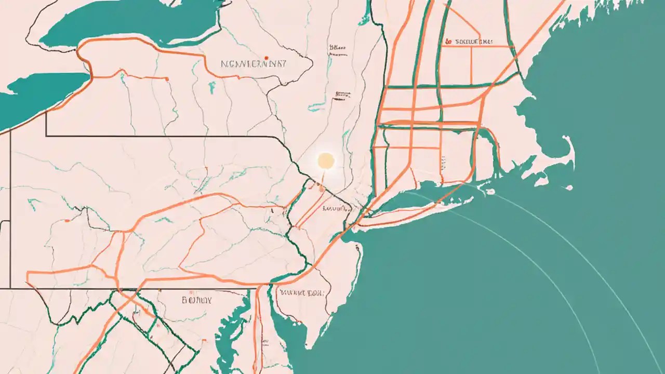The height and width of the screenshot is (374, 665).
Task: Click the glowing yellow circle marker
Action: [326, 161]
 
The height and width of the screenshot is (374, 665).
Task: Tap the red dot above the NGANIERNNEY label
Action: [266, 58]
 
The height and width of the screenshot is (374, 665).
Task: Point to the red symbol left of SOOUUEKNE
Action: [448, 41]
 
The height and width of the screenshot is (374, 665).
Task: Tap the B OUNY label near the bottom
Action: [196, 300]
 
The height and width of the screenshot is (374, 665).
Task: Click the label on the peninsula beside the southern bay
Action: [301, 292]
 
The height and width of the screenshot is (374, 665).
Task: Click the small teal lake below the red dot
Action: [212, 88]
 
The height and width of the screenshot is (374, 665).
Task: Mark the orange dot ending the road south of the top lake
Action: [167, 79]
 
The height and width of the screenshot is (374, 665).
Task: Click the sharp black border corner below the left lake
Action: [46, 136]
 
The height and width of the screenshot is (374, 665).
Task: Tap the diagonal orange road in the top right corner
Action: [540, 26]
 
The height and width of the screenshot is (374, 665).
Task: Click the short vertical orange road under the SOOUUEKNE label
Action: [471, 65]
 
